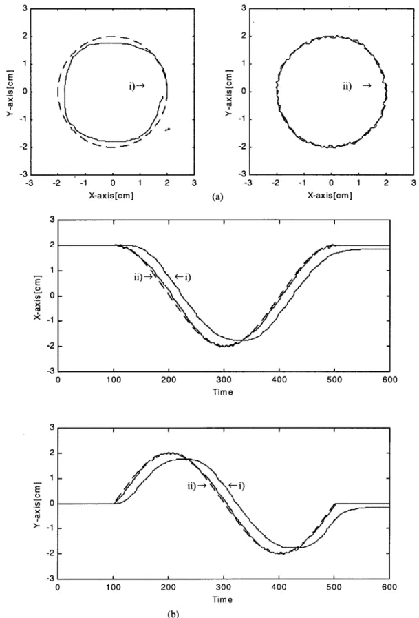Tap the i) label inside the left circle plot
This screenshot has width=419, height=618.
pos(132,86)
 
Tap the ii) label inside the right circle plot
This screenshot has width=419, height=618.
pos(347,86)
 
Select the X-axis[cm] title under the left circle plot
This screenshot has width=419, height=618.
pos(111,196)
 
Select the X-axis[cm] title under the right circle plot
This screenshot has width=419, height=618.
pos(330,195)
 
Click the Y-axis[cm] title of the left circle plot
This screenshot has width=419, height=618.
pos(10,93)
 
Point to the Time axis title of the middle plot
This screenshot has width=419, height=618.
pos(223,392)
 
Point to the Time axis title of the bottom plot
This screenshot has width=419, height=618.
pos(222,599)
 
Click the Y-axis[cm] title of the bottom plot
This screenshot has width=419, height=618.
pos(38,504)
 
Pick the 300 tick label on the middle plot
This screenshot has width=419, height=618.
pos(224,380)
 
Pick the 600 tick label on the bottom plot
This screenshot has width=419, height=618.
pos(389,587)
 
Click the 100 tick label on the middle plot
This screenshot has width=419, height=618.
pos(114,380)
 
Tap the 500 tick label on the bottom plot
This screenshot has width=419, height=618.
pos(334,587)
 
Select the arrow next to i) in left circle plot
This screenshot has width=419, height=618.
pos(140,86)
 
